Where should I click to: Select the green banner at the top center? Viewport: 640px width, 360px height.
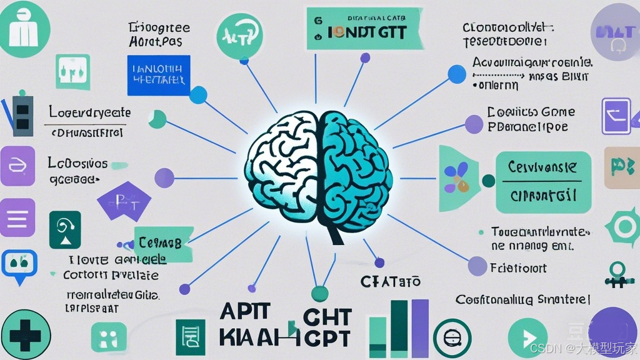coord(362,29)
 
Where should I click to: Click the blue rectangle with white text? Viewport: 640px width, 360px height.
coord(158,75)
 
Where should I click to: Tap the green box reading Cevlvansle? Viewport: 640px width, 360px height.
coord(542,182)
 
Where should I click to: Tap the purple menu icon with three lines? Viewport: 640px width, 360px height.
coord(17,218)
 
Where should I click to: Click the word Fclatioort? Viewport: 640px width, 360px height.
coord(518,268)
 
